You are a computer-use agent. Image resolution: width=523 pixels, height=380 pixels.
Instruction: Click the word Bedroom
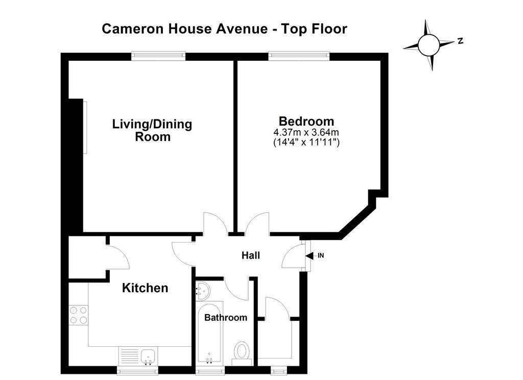tap(306, 121)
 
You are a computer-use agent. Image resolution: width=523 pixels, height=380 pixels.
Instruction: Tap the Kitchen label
tap(145, 288)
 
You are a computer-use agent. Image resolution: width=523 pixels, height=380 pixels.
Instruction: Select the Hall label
tap(250, 255)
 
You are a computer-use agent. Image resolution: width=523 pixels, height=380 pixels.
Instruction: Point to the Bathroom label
tap(226, 318)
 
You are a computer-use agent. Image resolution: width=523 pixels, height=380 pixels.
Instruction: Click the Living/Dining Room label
tap(152, 130)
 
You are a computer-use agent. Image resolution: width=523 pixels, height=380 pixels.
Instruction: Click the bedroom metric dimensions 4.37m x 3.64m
tap(306, 132)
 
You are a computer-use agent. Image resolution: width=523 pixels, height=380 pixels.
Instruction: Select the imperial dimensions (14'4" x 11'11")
tap(306, 142)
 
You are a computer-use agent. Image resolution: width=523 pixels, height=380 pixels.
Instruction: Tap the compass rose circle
tap(429, 45)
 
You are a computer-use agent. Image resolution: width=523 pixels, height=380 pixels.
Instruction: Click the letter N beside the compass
tap(460, 41)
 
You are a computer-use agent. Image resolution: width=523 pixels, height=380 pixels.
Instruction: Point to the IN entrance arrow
tap(310, 256)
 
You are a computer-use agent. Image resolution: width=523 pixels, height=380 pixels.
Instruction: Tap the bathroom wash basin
tap(202, 291)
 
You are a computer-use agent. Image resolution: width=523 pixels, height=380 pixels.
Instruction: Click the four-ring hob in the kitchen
tap(78, 316)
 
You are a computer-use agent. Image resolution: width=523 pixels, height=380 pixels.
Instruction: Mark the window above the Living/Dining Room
tap(158, 56)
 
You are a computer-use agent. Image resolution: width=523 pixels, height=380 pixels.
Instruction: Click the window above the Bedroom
tap(299, 56)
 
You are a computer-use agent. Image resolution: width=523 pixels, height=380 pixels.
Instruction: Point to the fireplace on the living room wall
tap(85, 128)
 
